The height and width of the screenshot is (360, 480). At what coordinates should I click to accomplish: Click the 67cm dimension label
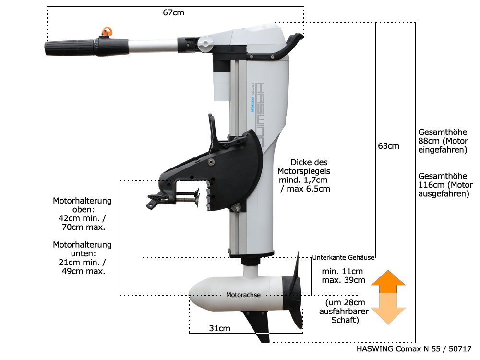[x=173, y=12]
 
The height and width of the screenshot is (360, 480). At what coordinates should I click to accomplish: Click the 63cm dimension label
[x=388, y=146]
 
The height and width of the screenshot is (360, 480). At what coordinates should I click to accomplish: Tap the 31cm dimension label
[x=219, y=328]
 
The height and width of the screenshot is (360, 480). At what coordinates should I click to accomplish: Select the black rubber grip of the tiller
[x=72, y=48]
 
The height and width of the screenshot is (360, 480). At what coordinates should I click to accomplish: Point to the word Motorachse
[x=243, y=295]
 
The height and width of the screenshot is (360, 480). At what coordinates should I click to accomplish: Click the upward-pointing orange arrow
[x=388, y=281]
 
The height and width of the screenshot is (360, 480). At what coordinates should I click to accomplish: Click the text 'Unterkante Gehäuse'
[x=343, y=257]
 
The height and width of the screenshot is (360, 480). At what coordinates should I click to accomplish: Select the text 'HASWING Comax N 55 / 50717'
[x=414, y=349]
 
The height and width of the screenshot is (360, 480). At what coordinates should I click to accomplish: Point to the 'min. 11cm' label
[x=342, y=271]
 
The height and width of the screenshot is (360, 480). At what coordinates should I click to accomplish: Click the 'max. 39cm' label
[x=343, y=280]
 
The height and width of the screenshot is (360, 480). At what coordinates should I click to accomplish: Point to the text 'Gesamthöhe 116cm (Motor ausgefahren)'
[x=445, y=185]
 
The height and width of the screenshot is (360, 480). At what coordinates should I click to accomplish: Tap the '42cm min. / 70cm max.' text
[x=82, y=222]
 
